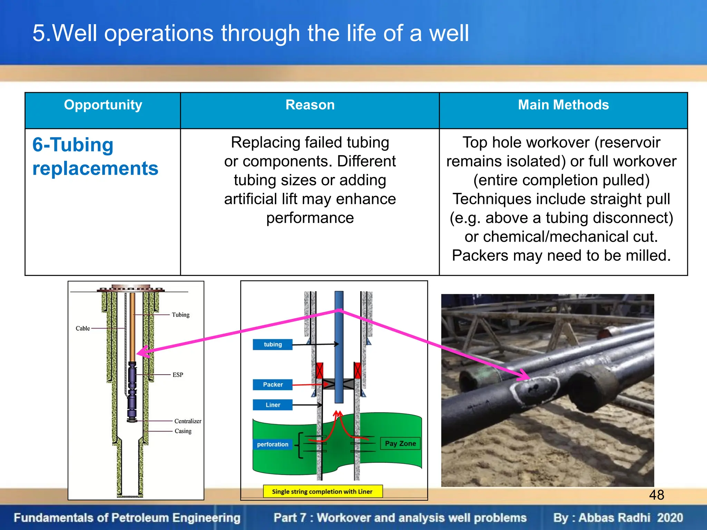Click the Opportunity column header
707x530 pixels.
(x=103, y=105)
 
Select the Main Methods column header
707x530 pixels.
(x=563, y=105)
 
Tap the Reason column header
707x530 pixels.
(x=310, y=105)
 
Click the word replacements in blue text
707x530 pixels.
(x=95, y=168)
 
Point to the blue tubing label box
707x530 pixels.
(x=272, y=344)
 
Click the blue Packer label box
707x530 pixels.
(x=272, y=384)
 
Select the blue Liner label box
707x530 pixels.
(x=272, y=405)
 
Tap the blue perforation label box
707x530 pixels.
(x=272, y=444)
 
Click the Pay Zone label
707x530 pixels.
(x=400, y=443)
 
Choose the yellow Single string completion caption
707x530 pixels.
(x=322, y=491)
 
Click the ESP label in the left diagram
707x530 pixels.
(x=178, y=375)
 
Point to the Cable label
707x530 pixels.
(x=83, y=328)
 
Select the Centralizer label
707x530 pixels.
(x=187, y=421)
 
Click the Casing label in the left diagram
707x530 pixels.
(x=183, y=431)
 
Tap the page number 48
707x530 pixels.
(x=656, y=495)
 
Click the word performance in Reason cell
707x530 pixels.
(x=310, y=218)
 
